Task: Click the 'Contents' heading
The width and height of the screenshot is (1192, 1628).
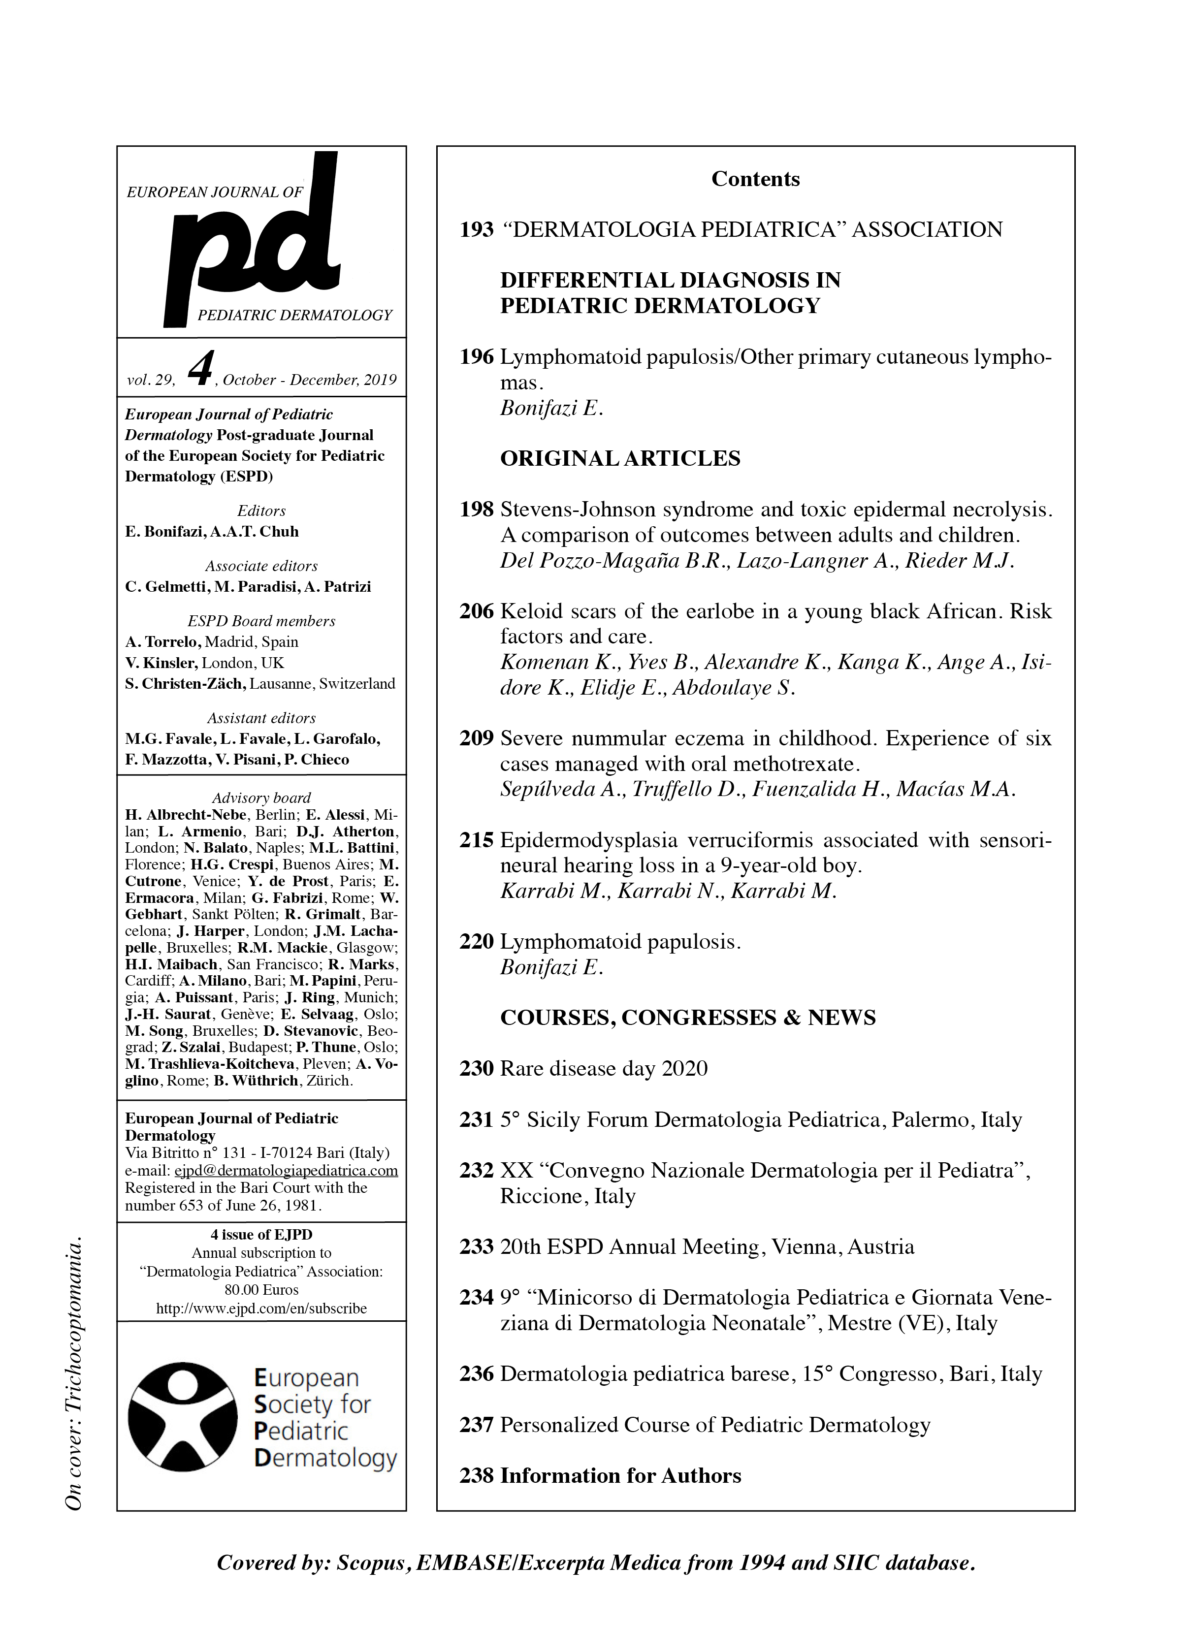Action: point(755,179)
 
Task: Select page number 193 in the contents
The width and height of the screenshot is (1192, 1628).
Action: point(476,230)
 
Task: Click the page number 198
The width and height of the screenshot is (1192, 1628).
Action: point(476,510)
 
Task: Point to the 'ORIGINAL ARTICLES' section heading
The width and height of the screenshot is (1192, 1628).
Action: point(620,459)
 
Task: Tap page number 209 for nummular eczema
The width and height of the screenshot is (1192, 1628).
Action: point(476,738)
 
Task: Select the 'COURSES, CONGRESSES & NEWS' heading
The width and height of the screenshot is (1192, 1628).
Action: point(688,1018)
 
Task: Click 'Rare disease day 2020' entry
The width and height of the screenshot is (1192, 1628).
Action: point(603,1068)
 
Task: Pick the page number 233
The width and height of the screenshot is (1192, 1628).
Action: point(476,1246)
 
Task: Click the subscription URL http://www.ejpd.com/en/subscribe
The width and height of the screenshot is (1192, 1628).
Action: point(261,1309)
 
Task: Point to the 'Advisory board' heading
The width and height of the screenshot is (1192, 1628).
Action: point(261,798)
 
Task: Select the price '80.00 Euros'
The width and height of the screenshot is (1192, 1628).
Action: point(261,1290)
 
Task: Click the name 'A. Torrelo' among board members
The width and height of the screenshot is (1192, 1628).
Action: point(162,642)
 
